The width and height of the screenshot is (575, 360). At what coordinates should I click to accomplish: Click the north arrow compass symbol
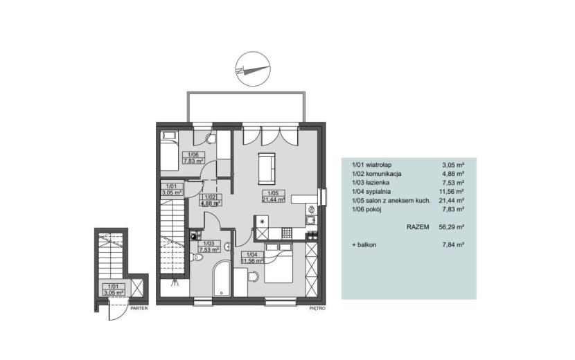click(253, 69)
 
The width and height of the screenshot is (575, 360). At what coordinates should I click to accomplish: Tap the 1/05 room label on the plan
click(274, 193)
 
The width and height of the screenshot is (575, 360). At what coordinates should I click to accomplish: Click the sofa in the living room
click(267, 169)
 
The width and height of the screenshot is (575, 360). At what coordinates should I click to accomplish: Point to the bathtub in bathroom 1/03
click(222, 278)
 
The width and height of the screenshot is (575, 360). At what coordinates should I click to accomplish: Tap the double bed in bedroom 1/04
click(278, 262)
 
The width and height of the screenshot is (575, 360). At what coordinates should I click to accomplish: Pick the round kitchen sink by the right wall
click(312, 209)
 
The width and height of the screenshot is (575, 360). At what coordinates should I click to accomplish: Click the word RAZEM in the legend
click(418, 227)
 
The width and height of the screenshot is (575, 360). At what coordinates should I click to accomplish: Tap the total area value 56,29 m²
click(452, 227)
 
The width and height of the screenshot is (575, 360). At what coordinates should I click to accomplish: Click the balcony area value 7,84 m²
click(453, 244)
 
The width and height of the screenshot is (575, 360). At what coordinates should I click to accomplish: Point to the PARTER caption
click(139, 308)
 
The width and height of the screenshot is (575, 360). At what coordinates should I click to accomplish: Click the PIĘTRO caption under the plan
click(317, 308)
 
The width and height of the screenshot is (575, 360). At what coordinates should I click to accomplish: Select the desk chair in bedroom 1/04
click(253, 277)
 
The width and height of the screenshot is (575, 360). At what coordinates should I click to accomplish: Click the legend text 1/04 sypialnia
click(371, 191)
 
